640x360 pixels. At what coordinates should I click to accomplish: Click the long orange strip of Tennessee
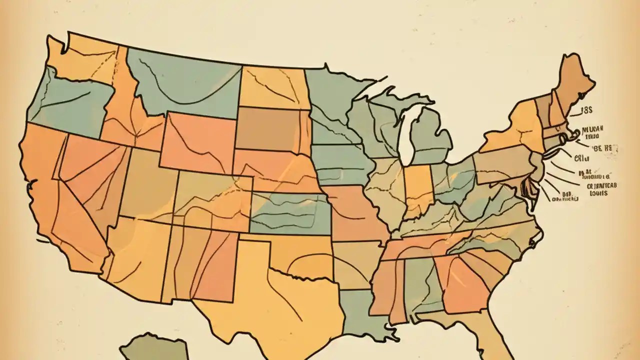click(x=425, y=245)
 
